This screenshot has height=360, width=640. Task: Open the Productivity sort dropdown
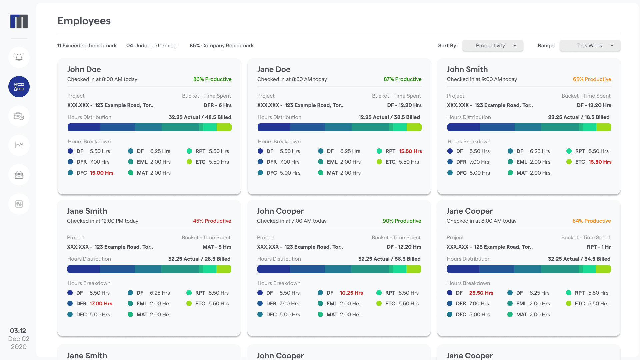coord(492,46)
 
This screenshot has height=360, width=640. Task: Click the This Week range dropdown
coord(590,46)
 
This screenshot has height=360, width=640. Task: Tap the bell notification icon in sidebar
coord(19,57)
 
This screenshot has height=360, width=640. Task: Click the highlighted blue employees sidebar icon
coord(19,87)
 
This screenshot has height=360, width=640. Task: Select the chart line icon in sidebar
coord(19,145)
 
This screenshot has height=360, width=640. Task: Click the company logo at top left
coord(19,21)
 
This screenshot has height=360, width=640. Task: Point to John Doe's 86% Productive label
coord(212,79)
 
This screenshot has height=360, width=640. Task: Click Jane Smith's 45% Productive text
coord(212,221)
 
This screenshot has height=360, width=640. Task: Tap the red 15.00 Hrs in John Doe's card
coord(102,173)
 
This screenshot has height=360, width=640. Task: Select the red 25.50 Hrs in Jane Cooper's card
coord(481,293)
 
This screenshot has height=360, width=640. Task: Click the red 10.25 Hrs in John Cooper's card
coord(351,293)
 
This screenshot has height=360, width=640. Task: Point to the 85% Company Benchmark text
coord(222,46)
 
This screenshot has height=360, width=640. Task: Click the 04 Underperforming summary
coord(151,46)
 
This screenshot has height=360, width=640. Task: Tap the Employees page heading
coord(84,21)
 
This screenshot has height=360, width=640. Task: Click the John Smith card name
coord(467,69)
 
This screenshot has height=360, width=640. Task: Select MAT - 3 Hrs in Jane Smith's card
coord(217,247)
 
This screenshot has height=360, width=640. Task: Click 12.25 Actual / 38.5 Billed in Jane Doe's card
coord(389,117)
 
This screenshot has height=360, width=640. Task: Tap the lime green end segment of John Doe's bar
coord(224,127)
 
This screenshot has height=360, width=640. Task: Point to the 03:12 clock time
coord(18,331)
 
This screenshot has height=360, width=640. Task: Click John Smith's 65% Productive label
coord(592,79)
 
